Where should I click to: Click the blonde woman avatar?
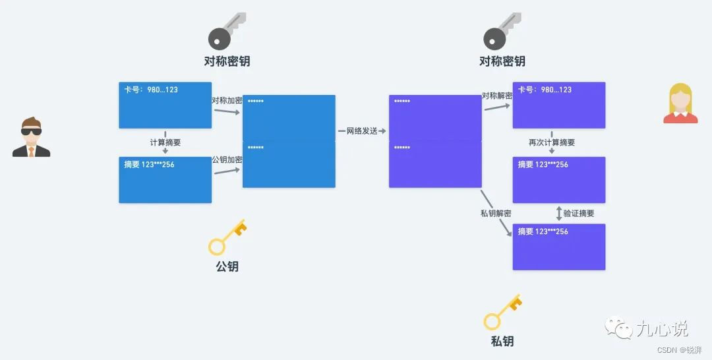pyautogui.click(x=680, y=104)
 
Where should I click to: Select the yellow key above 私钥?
pyautogui.click(x=502, y=313)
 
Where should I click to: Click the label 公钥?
pyautogui.click(x=227, y=266)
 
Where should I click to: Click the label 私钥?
pyautogui.click(x=502, y=341)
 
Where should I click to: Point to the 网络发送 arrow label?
pyautogui.click(x=362, y=131)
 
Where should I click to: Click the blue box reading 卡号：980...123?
pyautogui.click(x=165, y=105)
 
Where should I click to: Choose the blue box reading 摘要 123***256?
pyautogui.click(x=165, y=180)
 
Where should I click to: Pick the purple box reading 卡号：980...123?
pyautogui.click(x=558, y=105)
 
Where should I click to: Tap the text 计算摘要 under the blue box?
pyautogui.click(x=165, y=142)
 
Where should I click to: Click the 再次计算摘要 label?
pyautogui.click(x=552, y=142)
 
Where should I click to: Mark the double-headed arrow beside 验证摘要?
pyautogui.click(x=559, y=214)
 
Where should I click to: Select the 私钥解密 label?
pyautogui.click(x=496, y=214)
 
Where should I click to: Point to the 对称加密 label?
pyautogui.click(x=227, y=101)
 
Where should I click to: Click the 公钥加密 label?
pyautogui.click(x=227, y=160)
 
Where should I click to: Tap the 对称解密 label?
pyautogui.click(x=497, y=96)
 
